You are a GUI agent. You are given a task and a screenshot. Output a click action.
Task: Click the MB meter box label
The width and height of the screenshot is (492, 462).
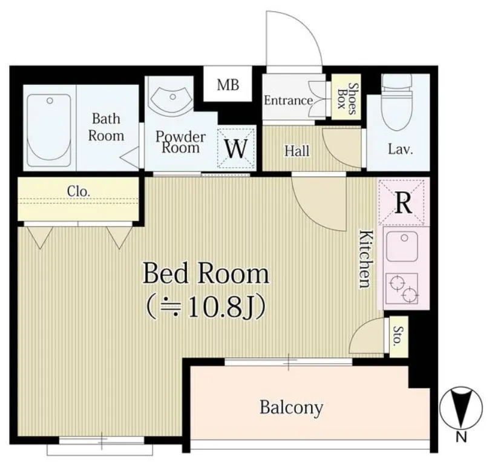point(228,85)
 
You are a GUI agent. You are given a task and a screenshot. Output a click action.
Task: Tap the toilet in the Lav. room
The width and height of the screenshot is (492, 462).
point(396,102)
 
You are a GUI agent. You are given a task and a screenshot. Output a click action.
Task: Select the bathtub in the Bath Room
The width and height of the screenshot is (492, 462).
point(49,130)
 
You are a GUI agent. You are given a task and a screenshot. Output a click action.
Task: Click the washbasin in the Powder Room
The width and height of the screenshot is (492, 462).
point(171,99)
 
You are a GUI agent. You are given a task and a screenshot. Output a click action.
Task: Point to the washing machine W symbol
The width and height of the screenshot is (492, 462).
point(236,148)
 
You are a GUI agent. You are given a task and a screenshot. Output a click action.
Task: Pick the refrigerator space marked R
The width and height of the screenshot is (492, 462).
point(403,202)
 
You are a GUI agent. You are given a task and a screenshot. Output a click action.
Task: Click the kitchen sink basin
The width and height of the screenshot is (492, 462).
point(402,246)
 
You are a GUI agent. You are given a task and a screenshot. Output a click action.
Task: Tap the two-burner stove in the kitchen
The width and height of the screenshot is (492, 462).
point(402,288)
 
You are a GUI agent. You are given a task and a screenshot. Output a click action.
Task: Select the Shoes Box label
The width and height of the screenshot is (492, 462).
point(347,98)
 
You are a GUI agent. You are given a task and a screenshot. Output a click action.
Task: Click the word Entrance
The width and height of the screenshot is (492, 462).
point(288,101)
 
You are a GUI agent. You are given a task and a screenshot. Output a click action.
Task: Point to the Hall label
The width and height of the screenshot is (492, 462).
point(297,151)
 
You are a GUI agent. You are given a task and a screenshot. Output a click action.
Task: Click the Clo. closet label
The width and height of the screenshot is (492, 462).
point(79,191)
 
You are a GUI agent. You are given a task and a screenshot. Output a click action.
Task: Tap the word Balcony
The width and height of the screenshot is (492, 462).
point(291,408)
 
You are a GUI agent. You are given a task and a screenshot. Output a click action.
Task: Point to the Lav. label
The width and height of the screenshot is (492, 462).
point(401,149)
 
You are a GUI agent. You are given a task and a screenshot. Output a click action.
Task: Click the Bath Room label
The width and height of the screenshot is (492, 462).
point(106,127)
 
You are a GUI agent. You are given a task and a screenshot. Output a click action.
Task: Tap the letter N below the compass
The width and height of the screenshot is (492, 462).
point(461,437)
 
